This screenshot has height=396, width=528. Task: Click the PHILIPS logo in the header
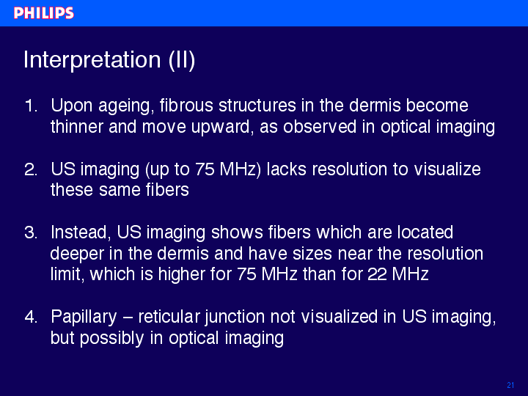tap(44, 13)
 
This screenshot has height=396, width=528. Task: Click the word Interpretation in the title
tap(92, 60)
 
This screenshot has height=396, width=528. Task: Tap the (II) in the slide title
tap(182, 61)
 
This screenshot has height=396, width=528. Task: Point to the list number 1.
tap(31, 106)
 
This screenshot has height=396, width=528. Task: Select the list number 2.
tap(31, 169)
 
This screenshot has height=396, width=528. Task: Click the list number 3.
tap(31, 232)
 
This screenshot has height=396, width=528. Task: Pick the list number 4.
tap(31, 317)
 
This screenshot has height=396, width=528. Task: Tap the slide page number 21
tap(510, 385)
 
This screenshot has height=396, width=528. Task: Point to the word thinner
tap(77, 127)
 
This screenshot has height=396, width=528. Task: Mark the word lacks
tap(286, 169)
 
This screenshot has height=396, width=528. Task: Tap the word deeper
tap(77, 254)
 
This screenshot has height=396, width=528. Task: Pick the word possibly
tap(111, 339)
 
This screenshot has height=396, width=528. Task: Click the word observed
tap(320, 127)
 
